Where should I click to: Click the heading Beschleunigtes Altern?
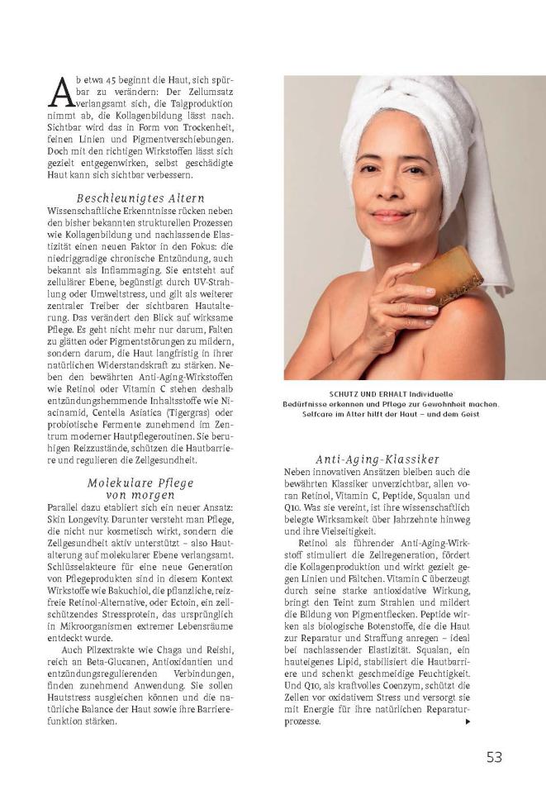click(x=140, y=198)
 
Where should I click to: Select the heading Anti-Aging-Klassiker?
click(x=377, y=459)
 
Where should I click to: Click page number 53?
click(x=494, y=756)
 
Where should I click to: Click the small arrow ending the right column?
click(x=468, y=721)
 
